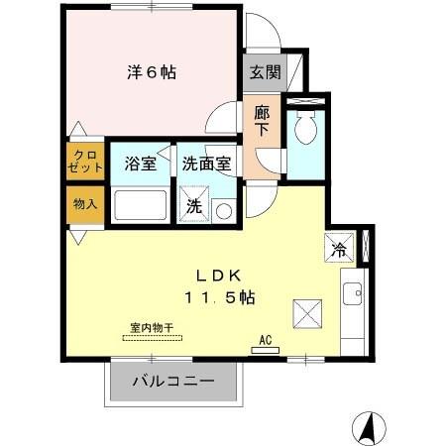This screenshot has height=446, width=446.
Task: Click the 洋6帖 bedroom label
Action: pos(152,72)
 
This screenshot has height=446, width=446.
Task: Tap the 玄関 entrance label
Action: pos(264,71)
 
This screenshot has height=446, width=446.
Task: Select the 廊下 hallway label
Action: pos(263,121)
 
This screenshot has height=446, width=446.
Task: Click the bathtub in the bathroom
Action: pos(142,205)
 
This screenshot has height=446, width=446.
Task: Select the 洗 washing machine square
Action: pos(194,206)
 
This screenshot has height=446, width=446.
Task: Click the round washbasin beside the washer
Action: pos(223,210)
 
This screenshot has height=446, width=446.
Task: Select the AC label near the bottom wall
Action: pos(265,339)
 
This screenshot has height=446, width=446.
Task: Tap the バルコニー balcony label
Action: pos(173,381)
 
